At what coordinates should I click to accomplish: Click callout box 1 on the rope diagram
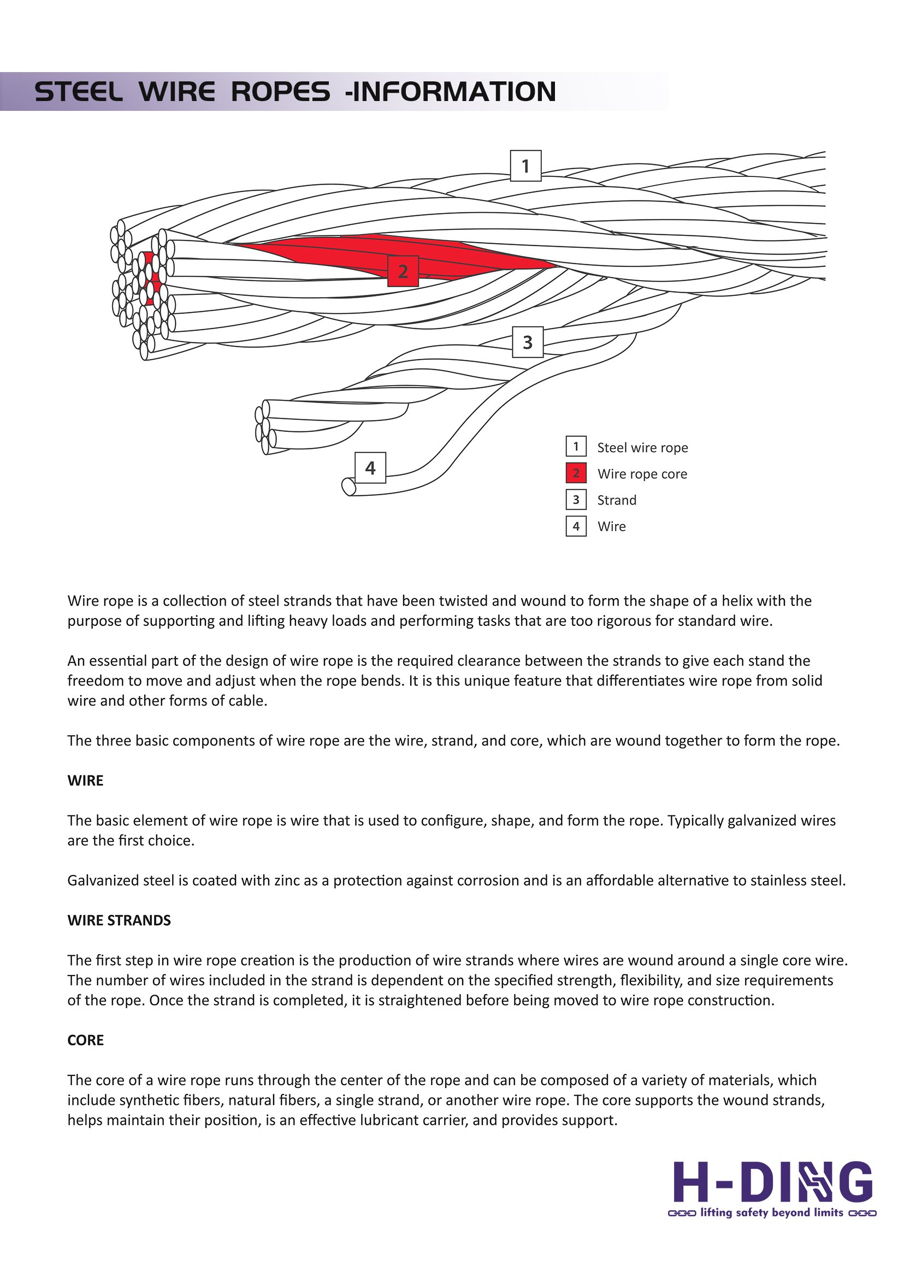pyautogui.click(x=525, y=166)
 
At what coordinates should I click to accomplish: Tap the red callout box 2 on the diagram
pyautogui.click(x=403, y=271)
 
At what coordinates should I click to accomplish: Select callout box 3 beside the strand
pyautogui.click(x=528, y=342)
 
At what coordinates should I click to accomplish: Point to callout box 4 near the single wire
pyautogui.click(x=370, y=468)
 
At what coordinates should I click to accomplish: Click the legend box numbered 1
pyautogui.click(x=576, y=446)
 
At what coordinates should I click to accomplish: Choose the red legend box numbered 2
pyautogui.click(x=576, y=473)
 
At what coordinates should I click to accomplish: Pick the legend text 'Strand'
pyautogui.click(x=617, y=500)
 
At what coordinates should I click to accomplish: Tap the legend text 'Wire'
pyautogui.click(x=612, y=526)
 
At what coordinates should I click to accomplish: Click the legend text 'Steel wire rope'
pyautogui.click(x=642, y=447)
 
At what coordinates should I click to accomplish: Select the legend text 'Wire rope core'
pyautogui.click(x=642, y=474)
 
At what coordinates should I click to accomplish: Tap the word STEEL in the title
pyautogui.click(x=79, y=92)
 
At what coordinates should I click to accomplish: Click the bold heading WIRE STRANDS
pyautogui.click(x=119, y=921)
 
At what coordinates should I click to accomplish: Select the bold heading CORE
pyautogui.click(x=86, y=1040)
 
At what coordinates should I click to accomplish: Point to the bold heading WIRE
pyautogui.click(x=86, y=781)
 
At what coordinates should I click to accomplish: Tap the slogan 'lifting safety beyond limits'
pyautogui.click(x=771, y=1212)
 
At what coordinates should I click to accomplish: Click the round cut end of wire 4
pyautogui.click(x=349, y=487)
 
